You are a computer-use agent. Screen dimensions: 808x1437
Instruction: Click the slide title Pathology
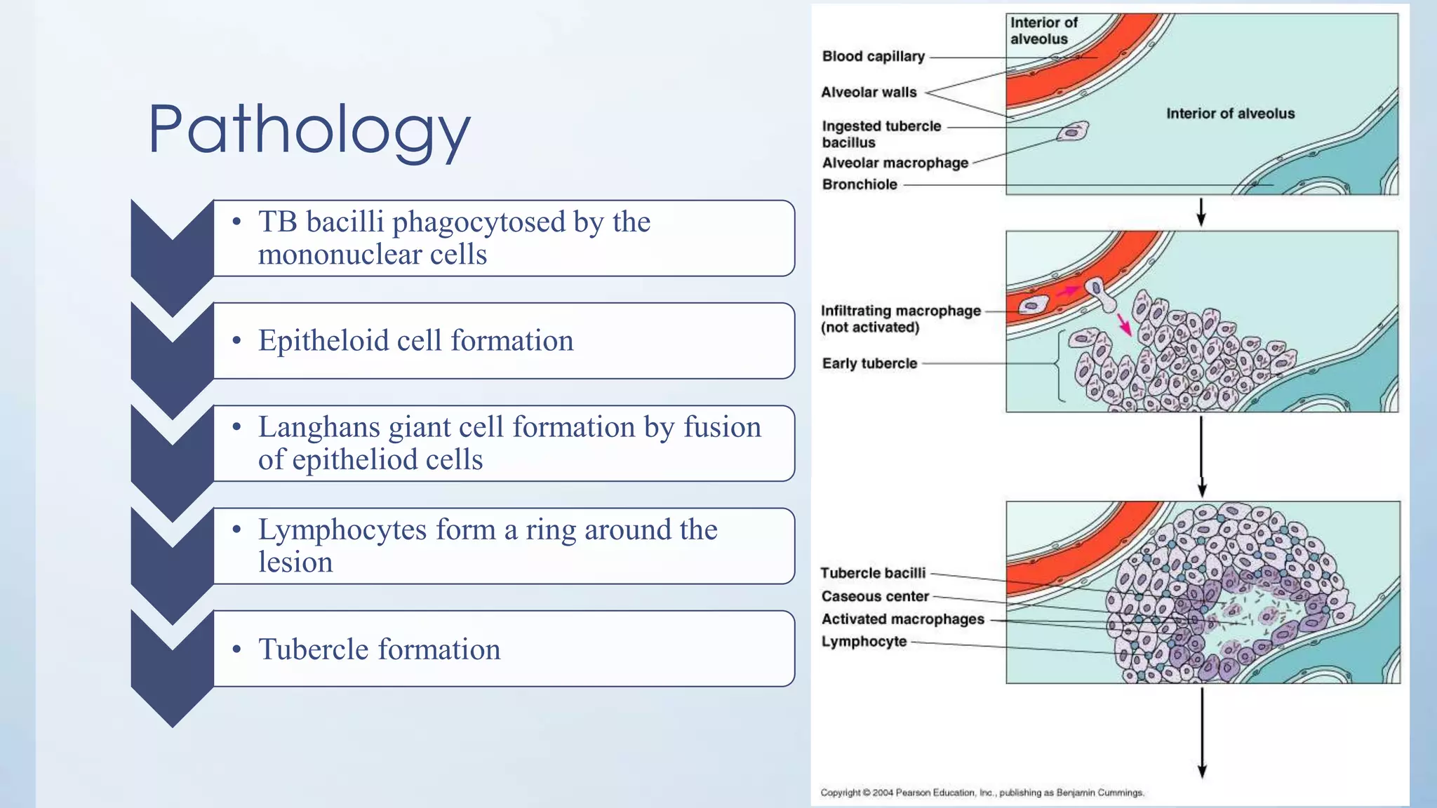[x=309, y=130]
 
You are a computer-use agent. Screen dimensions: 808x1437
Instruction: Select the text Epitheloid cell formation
[x=415, y=341]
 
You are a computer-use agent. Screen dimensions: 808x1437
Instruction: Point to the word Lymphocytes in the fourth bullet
[x=342, y=530]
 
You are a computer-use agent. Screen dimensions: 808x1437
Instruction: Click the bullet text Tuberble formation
[x=379, y=649]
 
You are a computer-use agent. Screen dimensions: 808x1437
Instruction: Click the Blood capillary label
[x=873, y=57]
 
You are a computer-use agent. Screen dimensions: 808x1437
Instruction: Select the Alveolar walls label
[x=869, y=93]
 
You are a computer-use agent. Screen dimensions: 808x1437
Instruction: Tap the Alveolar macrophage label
[x=895, y=163]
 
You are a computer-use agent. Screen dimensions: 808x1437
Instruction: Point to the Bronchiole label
[x=860, y=184]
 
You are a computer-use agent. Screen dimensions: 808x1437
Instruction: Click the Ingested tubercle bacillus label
[x=881, y=134]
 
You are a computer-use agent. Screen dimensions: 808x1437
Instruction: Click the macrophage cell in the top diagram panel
[x=1073, y=131]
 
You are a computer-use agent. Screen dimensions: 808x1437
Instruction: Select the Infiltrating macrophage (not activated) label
[x=900, y=318]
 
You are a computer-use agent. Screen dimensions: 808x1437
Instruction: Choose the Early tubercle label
[x=869, y=363]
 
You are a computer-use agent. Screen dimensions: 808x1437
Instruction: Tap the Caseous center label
[x=875, y=596]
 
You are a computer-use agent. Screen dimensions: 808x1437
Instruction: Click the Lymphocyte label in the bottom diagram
[x=864, y=642]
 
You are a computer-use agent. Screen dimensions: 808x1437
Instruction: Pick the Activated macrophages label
[x=902, y=619]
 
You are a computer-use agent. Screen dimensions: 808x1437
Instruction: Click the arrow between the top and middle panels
[x=1201, y=212]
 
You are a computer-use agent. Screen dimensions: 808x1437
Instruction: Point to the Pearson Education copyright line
[x=982, y=793]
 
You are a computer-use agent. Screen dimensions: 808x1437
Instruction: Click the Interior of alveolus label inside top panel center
[x=1230, y=114]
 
